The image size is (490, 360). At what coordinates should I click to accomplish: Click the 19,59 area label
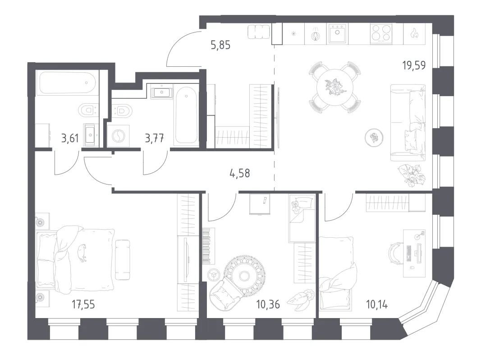(x=414, y=65)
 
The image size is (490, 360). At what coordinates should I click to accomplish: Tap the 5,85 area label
(x=220, y=46)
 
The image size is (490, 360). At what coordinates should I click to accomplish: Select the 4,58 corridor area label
(x=240, y=173)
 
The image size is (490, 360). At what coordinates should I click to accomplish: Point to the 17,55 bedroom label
(x=83, y=304)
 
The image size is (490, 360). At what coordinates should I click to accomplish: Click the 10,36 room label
(x=268, y=304)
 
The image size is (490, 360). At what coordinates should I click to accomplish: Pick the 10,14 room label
(x=377, y=304)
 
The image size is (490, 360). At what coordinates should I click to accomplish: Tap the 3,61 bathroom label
(x=70, y=138)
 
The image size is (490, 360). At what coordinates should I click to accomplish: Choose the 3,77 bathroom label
(x=154, y=138)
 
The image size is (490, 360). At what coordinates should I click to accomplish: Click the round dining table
(x=334, y=87)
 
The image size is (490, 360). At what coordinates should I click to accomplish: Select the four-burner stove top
(x=381, y=33)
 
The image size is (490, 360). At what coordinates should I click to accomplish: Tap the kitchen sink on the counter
(x=338, y=33)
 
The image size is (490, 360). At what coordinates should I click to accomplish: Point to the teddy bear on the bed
(x=295, y=206)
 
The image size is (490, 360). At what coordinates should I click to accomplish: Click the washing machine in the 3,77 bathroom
(x=118, y=136)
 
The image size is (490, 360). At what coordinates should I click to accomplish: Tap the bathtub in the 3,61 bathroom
(x=66, y=83)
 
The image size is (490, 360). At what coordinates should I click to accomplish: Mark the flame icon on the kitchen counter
(x=414, y=33)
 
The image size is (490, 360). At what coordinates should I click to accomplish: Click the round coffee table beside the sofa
(x=374, y=138)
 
